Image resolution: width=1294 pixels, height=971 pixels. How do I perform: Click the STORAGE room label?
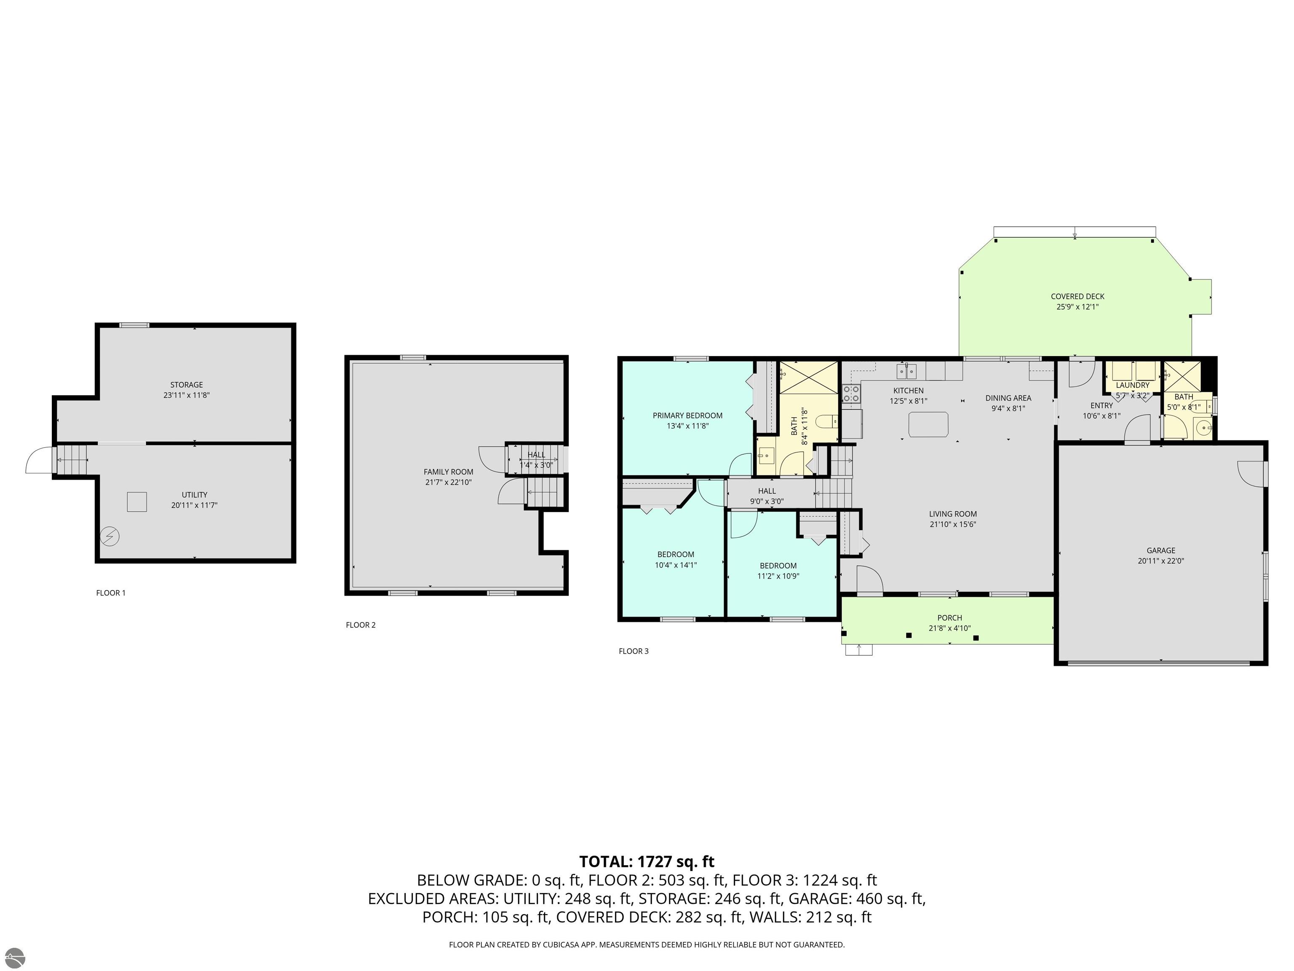[x=187, y=384]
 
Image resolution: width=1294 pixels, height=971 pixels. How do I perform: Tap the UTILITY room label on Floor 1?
[x=194, y=495]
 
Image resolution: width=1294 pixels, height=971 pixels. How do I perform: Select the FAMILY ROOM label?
[x=449, y=472]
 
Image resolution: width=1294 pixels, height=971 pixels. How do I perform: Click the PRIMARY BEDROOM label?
[x=687, y=416]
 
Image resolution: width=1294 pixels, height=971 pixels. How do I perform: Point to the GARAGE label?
[x=1160, y=550]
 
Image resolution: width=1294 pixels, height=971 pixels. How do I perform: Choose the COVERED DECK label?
[x=1077, y=296]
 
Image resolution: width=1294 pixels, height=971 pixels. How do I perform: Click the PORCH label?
[x=949, y=617]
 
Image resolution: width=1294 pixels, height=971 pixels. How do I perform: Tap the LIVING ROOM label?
[x=953, y=514]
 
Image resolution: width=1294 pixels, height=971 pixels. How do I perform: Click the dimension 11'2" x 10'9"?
[x=778, y=576]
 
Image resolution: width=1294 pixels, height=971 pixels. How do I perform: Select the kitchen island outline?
[x=928, y=424]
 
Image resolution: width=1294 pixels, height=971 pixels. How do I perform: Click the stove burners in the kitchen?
[x=851, y=394]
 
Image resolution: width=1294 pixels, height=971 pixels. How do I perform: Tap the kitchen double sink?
[x=907, y=371]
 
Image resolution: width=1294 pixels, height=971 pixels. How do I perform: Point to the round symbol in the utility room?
[x=110, y=536]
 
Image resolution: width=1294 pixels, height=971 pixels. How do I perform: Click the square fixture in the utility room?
[x=137, y=502]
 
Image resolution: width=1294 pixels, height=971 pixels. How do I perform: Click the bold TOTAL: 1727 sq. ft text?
[x=647, y=861]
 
